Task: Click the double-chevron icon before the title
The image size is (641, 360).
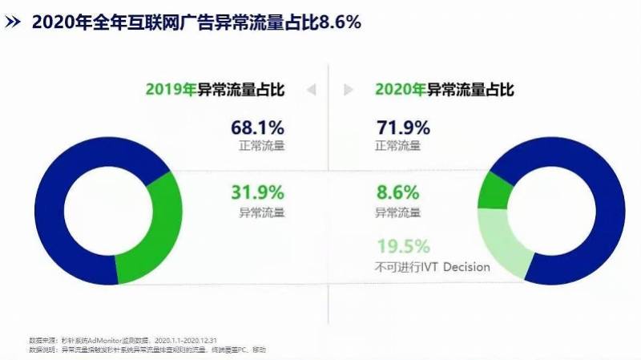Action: click(x=14, y=23)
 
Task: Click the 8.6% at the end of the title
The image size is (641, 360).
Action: click(x=340, y=22)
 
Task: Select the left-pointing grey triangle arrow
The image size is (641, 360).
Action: click(x=311, y=89)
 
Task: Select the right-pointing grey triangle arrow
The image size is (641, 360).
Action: click(x=348, y=89)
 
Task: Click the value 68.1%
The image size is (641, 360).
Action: click(x=258, y=127)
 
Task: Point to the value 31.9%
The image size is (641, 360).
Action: click(x=258, y=193)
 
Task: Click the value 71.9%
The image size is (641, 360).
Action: click(x=403, y=127)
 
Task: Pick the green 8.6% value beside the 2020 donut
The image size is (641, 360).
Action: click(x=397, y=193)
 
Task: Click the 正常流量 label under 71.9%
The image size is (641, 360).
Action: click(x=398, y=147)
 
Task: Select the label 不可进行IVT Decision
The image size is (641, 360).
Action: click(x=433, y=267)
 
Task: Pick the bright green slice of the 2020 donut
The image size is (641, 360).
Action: click(x=494, y=190)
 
